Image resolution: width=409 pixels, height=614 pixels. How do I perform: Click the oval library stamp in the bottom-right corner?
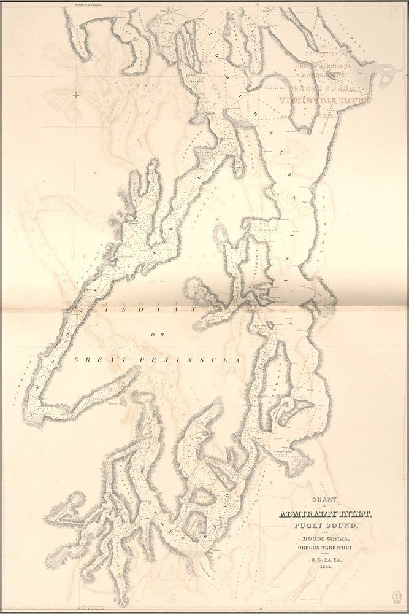pyautogui.click(x=397, y=596)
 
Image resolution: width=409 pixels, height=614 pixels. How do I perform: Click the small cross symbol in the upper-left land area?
pyautogui.click(x=76, y=95)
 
